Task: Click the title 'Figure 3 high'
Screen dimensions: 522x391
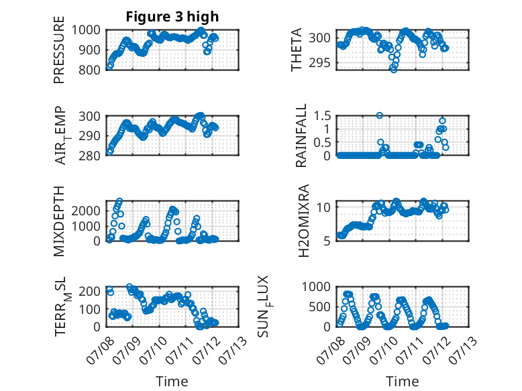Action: click(172, 17)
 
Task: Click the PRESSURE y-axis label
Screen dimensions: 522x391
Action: click(59, 50)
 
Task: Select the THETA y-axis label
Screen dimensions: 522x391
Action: click(296, 50)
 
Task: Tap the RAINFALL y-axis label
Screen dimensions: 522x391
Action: click(301, 135)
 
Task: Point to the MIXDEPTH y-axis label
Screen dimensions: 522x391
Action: click(59, 221)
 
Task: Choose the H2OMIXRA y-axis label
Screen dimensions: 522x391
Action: click(304, 221)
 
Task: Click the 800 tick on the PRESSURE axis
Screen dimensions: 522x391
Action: click(89, 70)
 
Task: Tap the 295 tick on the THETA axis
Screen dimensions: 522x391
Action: click(320, 62)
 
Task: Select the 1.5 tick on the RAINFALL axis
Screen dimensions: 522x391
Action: click(322, 116)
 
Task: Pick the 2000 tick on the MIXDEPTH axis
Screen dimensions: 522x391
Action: click(86, 211)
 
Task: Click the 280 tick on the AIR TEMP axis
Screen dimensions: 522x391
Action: click(89, 156)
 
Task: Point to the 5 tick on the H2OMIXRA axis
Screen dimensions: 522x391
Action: click(327, 241)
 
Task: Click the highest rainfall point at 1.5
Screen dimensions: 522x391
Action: click(379, 115)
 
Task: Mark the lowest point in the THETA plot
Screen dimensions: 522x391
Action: click(394, 70)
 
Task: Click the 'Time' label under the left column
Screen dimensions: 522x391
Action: click(172, 382)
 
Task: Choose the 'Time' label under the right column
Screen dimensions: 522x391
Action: click(403, 382)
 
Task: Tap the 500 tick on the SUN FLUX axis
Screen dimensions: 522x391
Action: click(320, 306)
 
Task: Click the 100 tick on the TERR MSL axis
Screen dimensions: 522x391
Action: click(89, 309)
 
